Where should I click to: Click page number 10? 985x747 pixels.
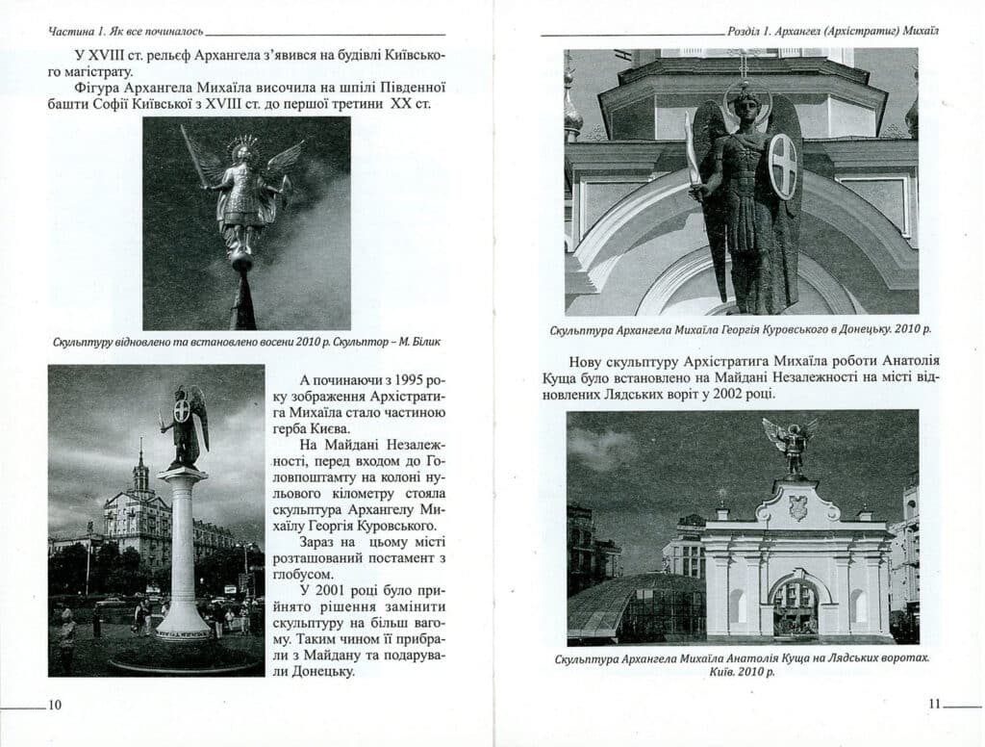pos(55,705)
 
